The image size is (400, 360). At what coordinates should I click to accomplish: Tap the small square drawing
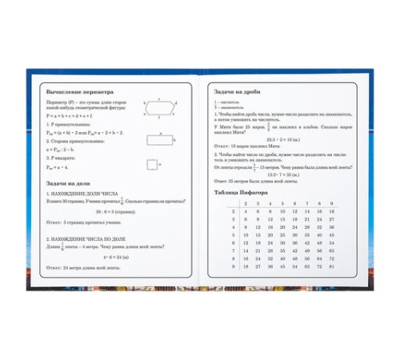point(151,164)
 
